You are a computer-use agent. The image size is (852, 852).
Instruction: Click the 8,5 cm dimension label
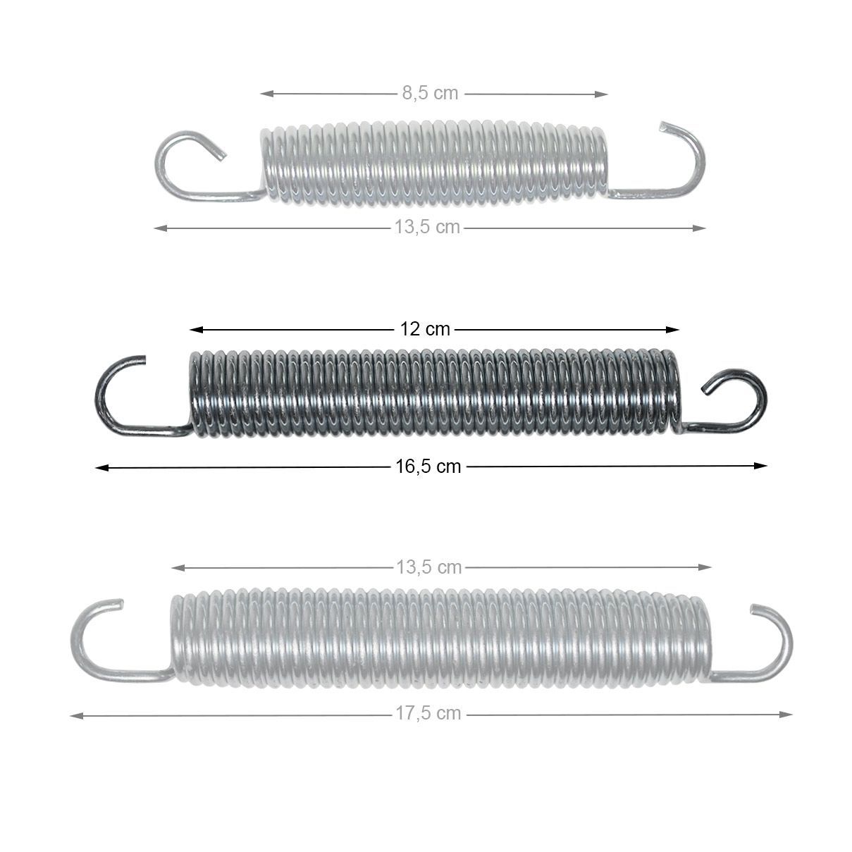coord(430,93)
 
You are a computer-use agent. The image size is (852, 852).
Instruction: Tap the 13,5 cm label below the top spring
coord(427,227)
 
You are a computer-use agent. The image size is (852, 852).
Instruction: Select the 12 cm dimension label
coord(425,329)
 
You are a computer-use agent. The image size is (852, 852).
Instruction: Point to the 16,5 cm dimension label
coord(428,467)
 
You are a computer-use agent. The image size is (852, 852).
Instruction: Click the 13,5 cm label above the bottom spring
coord(429,567)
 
